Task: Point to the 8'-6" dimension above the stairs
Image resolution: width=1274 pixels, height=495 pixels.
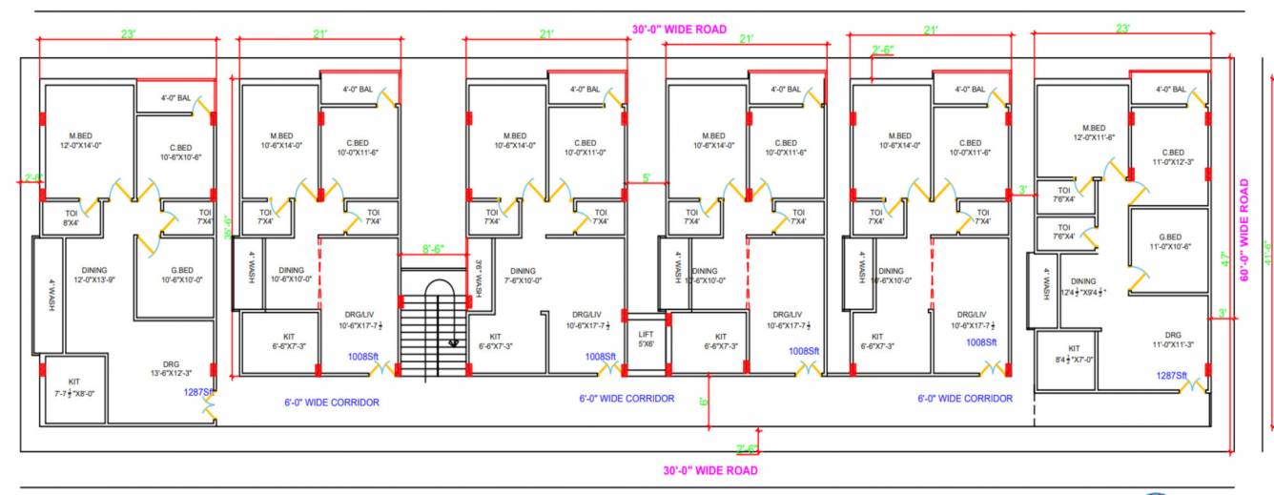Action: (x=433, y=249)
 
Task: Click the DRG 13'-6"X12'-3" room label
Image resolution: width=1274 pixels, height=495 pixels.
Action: (x=171, y=368)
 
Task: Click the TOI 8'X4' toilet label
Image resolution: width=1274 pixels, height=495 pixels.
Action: (x=71, y=217)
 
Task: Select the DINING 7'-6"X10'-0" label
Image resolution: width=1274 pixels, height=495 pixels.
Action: (x=523, y=275)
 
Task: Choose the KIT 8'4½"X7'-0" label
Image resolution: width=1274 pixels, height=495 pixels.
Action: (x=1075, y=354)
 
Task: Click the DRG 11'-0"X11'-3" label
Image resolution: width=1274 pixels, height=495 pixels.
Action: (x=1172, y=340)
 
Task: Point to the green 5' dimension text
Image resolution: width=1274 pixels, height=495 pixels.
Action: (x=647, y=177)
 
